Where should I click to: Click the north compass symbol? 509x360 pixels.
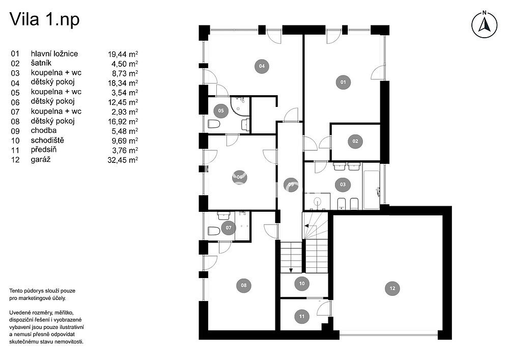pos(484,24)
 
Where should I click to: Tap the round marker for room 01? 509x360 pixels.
pos(343,82)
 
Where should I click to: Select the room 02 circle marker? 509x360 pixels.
pos(355,141)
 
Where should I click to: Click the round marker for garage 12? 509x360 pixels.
pos(392,288)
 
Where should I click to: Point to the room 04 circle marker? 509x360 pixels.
pos(262,66)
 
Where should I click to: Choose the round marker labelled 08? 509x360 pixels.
pos(243,285)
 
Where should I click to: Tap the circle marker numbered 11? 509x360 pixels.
pos(302,317)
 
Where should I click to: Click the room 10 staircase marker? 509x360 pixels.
pos(302,284)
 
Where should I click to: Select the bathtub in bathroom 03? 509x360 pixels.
pos(372,189)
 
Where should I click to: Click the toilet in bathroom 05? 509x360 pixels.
pos(214,124)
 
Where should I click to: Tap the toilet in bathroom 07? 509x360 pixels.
pos(214,231)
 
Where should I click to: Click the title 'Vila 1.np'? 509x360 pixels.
pos(44,19)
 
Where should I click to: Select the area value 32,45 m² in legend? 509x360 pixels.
pos(123,160)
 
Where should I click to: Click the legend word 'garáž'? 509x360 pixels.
pos(41,159)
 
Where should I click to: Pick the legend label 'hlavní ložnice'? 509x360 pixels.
pos(54,53)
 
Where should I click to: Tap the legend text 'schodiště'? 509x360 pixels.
pos(47,140)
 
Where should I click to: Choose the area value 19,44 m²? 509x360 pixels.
pos(123,54)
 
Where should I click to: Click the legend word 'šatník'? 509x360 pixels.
pos(41,63)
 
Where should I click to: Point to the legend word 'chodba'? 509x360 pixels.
pos(43,130)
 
